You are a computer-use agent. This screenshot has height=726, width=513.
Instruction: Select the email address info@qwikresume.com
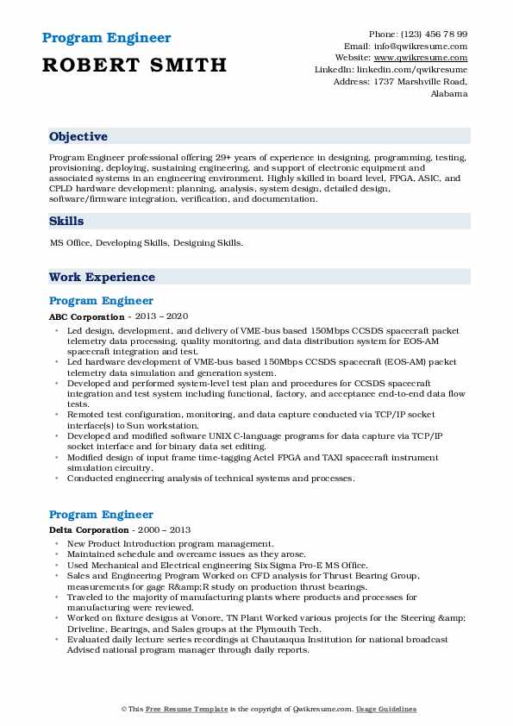click(x=419, y=46)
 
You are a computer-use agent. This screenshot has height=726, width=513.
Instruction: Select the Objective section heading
click(x=78, y=137)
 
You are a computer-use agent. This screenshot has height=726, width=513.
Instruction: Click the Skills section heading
click(x=66, y=221)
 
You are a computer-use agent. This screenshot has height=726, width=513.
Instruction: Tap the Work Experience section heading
click(x=102, y=277)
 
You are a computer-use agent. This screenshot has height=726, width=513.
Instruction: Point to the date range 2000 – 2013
click(x=164, y=529)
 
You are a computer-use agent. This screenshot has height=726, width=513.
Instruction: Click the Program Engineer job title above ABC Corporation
click(x=101, y=301)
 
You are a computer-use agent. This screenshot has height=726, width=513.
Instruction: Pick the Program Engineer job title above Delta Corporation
click(x=101, y=514)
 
